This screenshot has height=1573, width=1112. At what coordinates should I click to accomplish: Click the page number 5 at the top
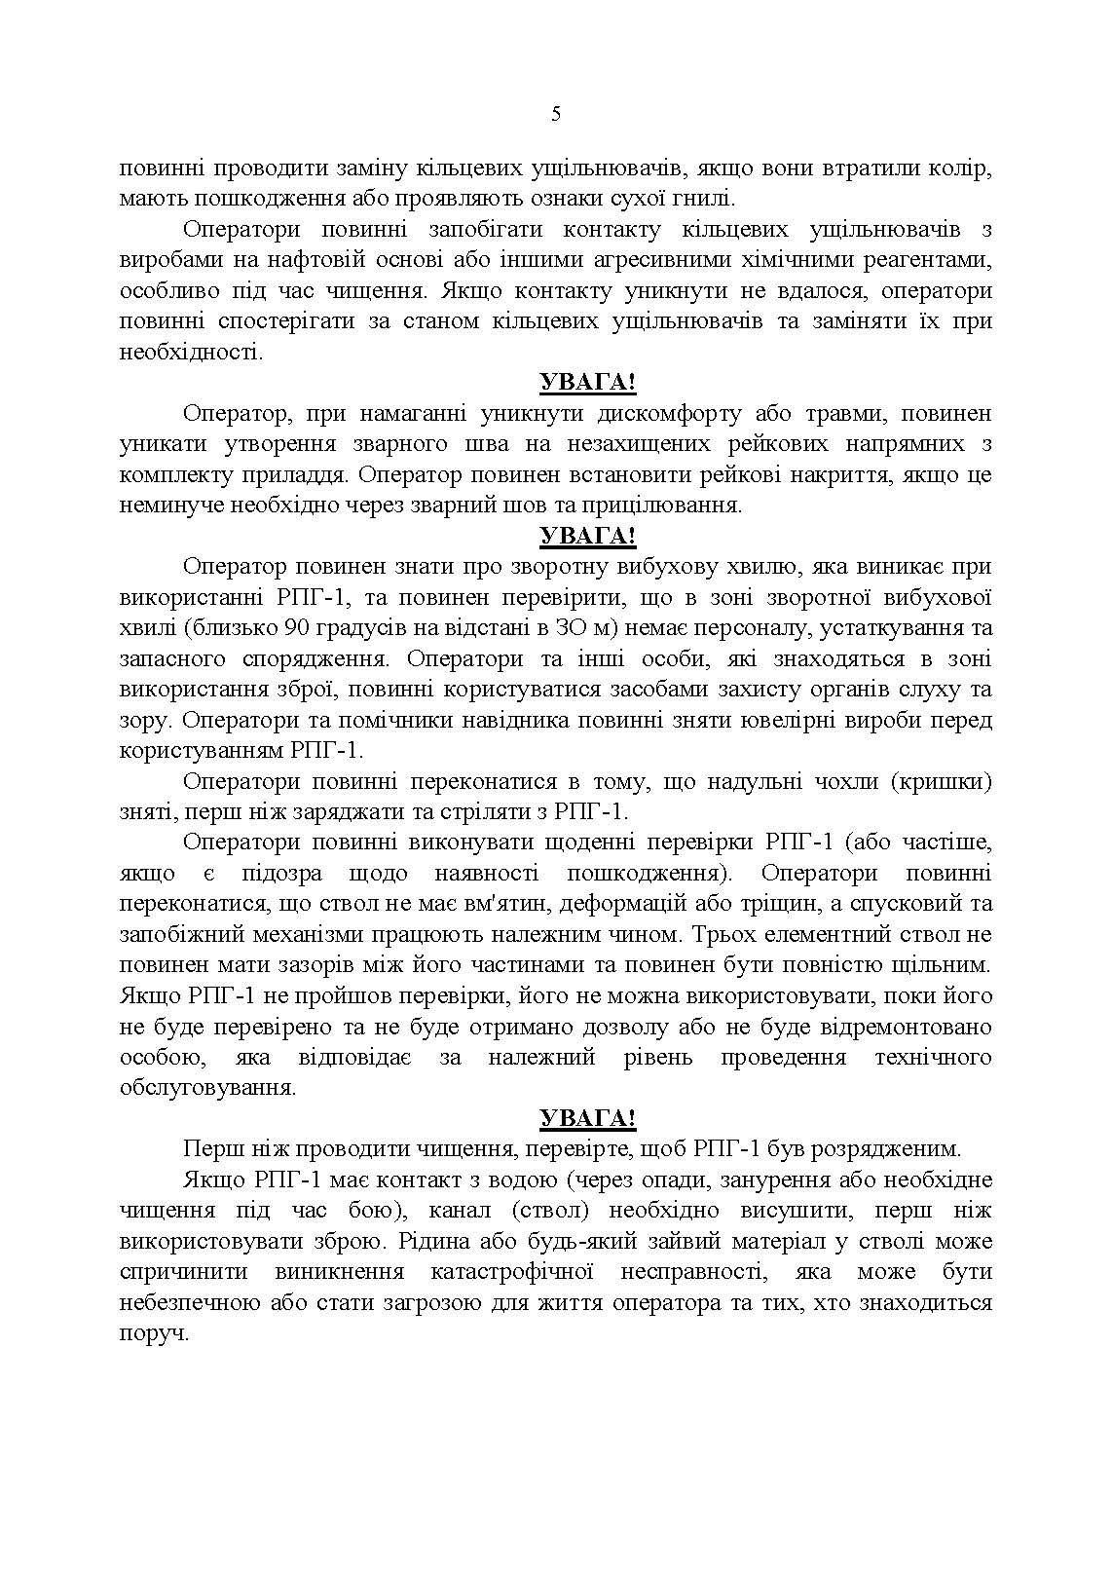click(x=556, y=114)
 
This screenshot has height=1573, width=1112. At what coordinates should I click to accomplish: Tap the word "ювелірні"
click(x=760, y=720)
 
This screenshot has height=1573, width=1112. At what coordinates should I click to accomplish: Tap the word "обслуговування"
click(x=206, y=1088)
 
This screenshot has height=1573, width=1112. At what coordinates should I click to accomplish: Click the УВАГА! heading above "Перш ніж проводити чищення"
click(x=587, y=1118)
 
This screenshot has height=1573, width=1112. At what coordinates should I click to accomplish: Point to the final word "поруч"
click(x=154, y=1332)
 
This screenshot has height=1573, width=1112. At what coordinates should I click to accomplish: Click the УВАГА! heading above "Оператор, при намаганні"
click(x=587, y=383)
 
